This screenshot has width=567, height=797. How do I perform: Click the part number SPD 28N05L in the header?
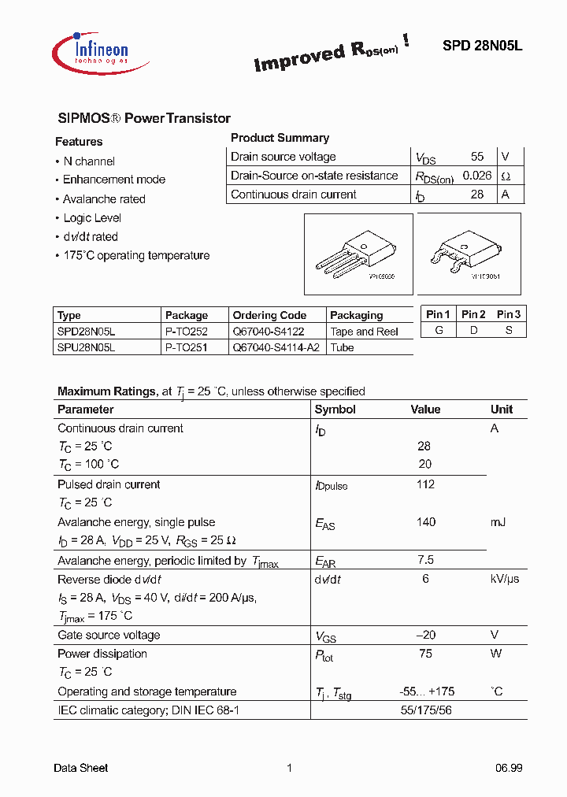482,46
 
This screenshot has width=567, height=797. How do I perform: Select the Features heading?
79,142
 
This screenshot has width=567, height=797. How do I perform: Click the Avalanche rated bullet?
104,199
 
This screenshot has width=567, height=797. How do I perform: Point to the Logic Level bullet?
92,218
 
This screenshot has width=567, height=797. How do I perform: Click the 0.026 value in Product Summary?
476,176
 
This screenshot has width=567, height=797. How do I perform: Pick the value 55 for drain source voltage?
477,157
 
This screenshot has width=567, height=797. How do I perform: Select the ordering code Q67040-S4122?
269,332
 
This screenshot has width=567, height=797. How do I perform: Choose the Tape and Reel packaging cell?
364,332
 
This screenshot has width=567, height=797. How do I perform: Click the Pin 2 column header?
473,314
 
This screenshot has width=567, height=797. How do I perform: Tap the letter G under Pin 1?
438,330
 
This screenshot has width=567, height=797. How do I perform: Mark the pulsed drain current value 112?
425,484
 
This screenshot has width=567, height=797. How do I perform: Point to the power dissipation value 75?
425,654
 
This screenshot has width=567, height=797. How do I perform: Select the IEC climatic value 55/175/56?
425,710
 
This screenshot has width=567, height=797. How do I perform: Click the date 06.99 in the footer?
509,768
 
